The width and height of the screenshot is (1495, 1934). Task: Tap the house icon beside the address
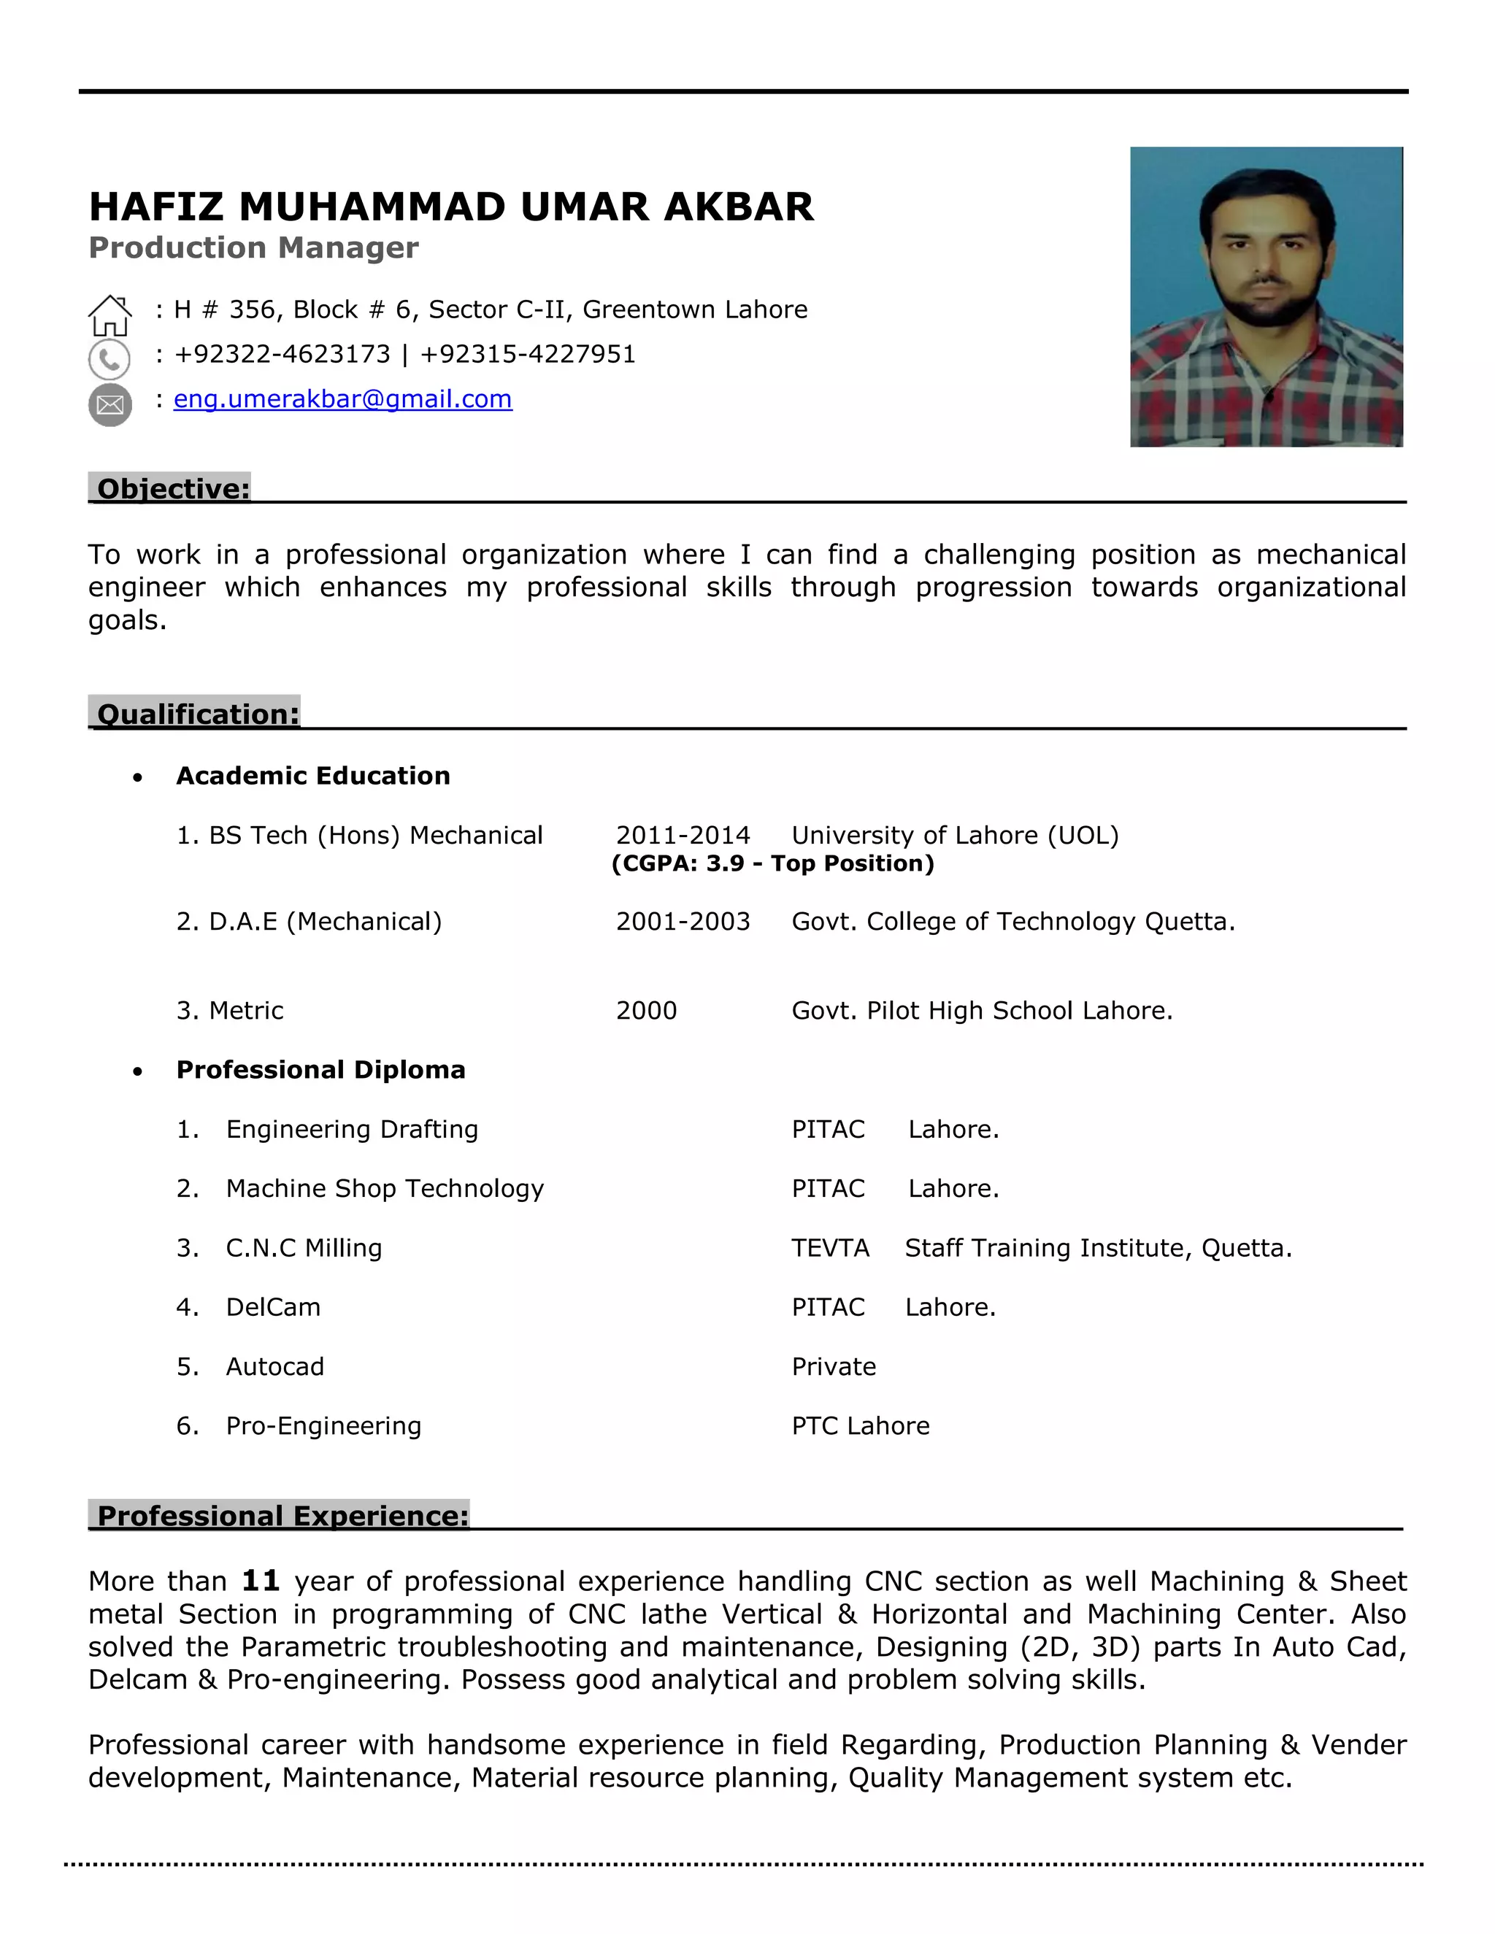click(x=109, y=315)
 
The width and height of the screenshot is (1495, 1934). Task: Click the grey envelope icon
click(x=109, y=406)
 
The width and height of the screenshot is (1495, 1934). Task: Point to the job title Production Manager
click(x=253, y=248)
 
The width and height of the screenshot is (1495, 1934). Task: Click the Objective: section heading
click(x=173, y=489)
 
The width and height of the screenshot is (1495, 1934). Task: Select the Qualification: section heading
click(x=198, y=714)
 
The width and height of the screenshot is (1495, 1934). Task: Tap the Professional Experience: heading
click(x=282, y=1515)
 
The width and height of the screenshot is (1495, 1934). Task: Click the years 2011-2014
click(x=682, y=835)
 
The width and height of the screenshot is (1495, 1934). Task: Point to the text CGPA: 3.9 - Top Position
click(x=772, y=863)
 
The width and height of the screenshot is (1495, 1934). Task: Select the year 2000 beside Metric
click(x=645, y=1010)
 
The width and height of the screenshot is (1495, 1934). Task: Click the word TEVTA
click(x=830, y=1248)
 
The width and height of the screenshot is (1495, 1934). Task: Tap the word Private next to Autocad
click(x=834, y=1366)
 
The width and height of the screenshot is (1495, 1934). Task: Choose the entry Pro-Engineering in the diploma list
click(x=323, y=1426)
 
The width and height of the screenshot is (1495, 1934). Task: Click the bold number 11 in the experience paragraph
click(x=261, y=1581)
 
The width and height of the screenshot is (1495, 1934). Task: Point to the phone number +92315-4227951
click(x=528, y=354)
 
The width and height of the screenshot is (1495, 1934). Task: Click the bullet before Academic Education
click(x=137, y=777)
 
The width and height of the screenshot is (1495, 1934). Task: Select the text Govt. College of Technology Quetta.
click(x=1012, y=922)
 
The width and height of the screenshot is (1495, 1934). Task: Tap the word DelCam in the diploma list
click(x=273, y=1307)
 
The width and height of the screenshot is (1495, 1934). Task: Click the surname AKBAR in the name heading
click(x=738, y=207)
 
